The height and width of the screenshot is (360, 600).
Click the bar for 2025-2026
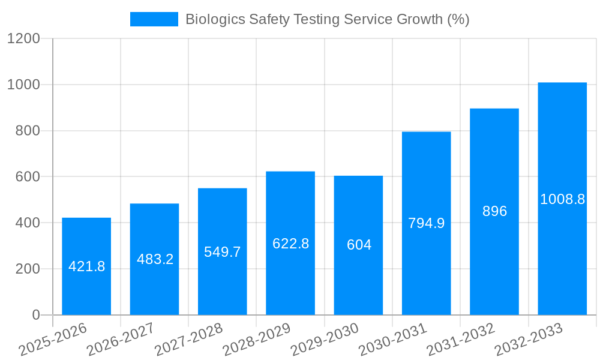pos(86,288)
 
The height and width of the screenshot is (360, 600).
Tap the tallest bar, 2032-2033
pos(562,252)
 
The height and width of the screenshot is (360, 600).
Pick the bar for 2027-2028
pos(222,282)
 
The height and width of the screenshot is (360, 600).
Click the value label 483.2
pos(155,259)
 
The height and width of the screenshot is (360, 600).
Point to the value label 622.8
pos(290,244)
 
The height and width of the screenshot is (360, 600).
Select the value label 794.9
pos(426,223)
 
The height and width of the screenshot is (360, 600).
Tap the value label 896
pos(494,211)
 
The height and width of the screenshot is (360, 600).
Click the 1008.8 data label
pos(562,199)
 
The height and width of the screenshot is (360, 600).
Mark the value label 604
pos(359,245)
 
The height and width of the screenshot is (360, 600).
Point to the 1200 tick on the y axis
pos(23,39)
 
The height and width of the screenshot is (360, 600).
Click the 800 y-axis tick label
pos(28,131)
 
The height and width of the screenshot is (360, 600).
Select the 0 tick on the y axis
pos(35,315)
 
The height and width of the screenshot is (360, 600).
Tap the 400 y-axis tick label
pos(28,223)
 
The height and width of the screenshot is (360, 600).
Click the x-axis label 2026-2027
pos(121,340)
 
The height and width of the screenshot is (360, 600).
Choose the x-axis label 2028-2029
pos(257,340)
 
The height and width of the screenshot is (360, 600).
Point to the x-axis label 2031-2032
pos(461,340)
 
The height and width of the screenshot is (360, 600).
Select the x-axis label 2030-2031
pos(393,340)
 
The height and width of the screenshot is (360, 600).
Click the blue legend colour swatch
pos(154,19)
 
